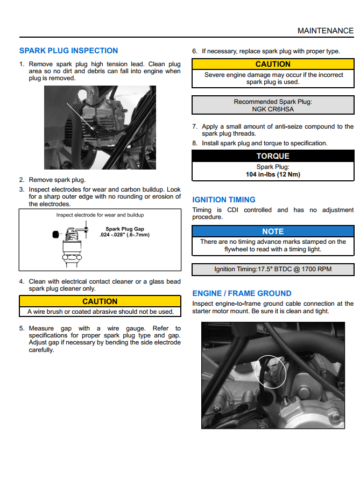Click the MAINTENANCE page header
point(326,31)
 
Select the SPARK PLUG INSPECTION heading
point(68,51)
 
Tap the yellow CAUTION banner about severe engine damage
point(273,64)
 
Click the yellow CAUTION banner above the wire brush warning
point(100,301)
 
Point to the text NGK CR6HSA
point(273,109)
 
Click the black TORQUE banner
point(273,156)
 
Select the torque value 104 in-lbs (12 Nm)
point(273,174)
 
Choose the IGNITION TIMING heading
point(224,200)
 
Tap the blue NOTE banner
point(273,231)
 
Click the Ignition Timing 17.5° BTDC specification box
point(273,269)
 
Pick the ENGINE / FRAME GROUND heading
point(242,293)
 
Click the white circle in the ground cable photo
point(269,371)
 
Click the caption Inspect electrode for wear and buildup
point(100,215)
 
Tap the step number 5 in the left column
point(22,328)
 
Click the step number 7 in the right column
point(195,126)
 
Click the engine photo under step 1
point(100,128)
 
